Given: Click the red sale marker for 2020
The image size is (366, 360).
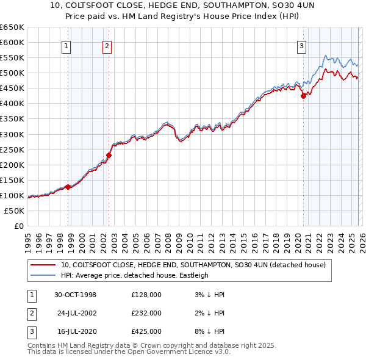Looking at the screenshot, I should click(x=303, y=95).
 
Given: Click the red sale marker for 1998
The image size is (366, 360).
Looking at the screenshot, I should click(x=68, y=187).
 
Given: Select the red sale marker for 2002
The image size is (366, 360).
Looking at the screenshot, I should click(x=109, y=155).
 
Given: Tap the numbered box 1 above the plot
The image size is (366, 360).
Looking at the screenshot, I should click(x=66, y=45).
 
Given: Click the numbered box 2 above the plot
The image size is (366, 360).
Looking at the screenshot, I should click(x=107, y=45).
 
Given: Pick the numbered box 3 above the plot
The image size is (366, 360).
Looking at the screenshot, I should click(x=301, y=45).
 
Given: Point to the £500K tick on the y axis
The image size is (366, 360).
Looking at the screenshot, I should click(x=12, y=73).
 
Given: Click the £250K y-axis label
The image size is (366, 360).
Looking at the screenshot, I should click(x=12, y=149).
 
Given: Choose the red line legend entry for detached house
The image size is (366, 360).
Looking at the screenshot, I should click(x=194, y=265).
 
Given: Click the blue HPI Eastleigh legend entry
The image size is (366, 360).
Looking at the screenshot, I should click(x=134, y=275).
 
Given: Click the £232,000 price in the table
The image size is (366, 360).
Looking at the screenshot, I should click(x=146, y=313).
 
